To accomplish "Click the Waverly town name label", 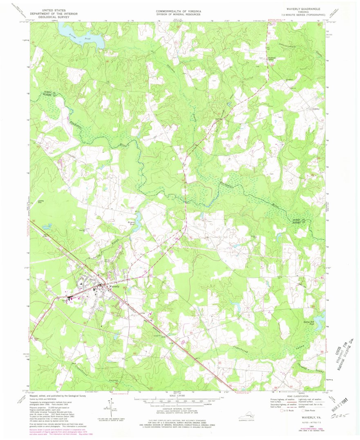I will point(113,287).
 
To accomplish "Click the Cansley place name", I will point(315,109).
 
